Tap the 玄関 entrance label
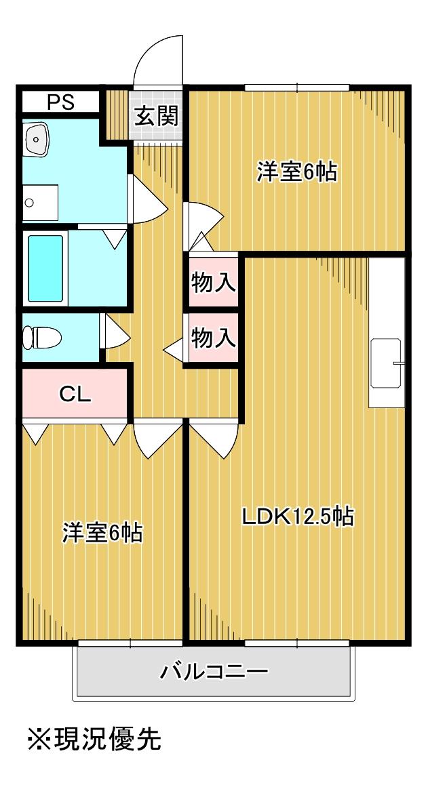click(x=156, y=117)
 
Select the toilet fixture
click(x=41, y=338)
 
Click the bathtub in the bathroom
click(x=45, y=268)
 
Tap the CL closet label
click(x=75, y=395)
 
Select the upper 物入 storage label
click(x=214, y=284)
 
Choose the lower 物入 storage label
click(x=214, y=338)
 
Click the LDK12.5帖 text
click(x=298, y=517)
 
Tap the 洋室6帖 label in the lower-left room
click(x=102, y=533)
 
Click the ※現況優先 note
click(x=94, y=739)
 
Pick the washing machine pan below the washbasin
click(x=40, y=203)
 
